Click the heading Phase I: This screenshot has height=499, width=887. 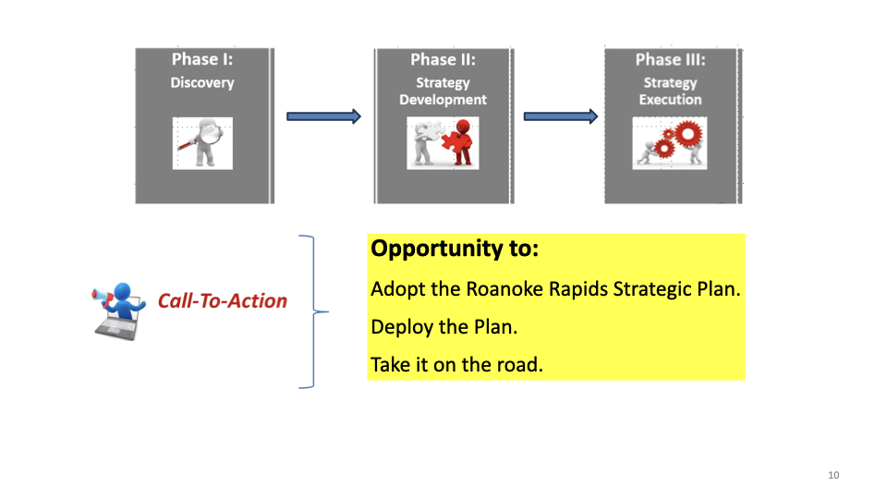tap(202, 60)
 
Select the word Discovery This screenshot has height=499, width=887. tap(202, 82)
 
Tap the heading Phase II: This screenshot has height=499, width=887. tap(443, 60)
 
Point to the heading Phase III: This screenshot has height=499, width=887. tap(671, 60)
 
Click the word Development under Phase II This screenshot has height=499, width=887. tap(443, 100)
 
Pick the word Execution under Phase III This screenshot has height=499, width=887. tap(671, 100)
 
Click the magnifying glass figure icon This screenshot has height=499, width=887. tap(203, 143)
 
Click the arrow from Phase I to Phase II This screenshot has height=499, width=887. tap(322, 116)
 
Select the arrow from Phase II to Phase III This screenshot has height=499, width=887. tap(560, 116)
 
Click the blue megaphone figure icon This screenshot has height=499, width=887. tap(117, 309)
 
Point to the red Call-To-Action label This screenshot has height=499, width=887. tap(223, 301)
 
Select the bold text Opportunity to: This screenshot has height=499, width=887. tap(455, 249)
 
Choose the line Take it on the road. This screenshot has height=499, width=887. tap(456, 365)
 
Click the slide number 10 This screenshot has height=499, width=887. tap(833, 475)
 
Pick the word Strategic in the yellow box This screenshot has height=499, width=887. tap(650, 288)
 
